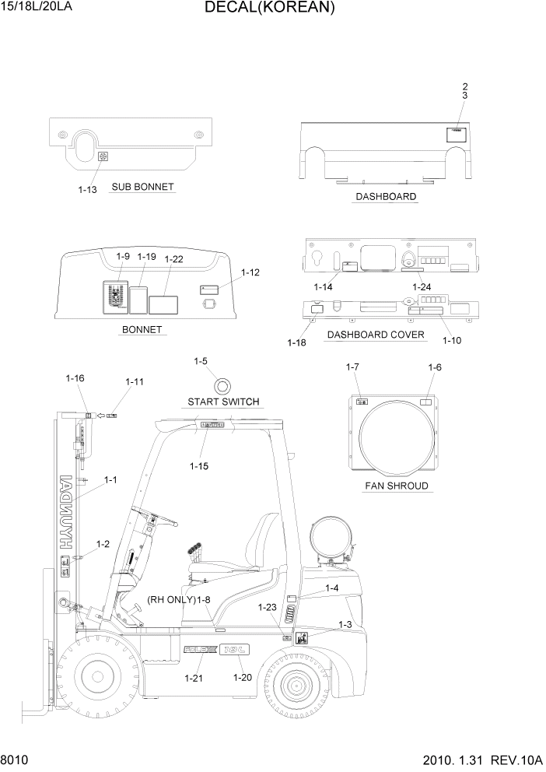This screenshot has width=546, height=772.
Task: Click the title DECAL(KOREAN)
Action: pyautogui.click(x=270, y=9)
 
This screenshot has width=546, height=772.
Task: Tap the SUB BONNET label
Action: pyautogui.click(x=142, y=188)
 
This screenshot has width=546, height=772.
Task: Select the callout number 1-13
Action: pyautogui.click(x=88, y=190)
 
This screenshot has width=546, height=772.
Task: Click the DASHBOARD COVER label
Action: pyautogui.click(x=376, y=335)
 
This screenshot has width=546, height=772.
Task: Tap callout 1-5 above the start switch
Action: pyautogui.click(x=201, y=362)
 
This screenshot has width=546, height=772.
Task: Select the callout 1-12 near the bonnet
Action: pyautogui.click(x=250, y=272)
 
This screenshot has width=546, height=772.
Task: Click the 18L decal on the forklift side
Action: pyautogui.click(x=238, y=648)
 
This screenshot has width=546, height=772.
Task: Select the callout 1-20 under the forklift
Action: pyautogui.click(x=243, y=678)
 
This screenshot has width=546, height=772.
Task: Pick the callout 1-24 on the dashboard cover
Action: pyautogui.click(x=421, y=287)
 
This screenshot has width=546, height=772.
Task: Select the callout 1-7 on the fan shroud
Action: pyautogui.click(x=352, y=367)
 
